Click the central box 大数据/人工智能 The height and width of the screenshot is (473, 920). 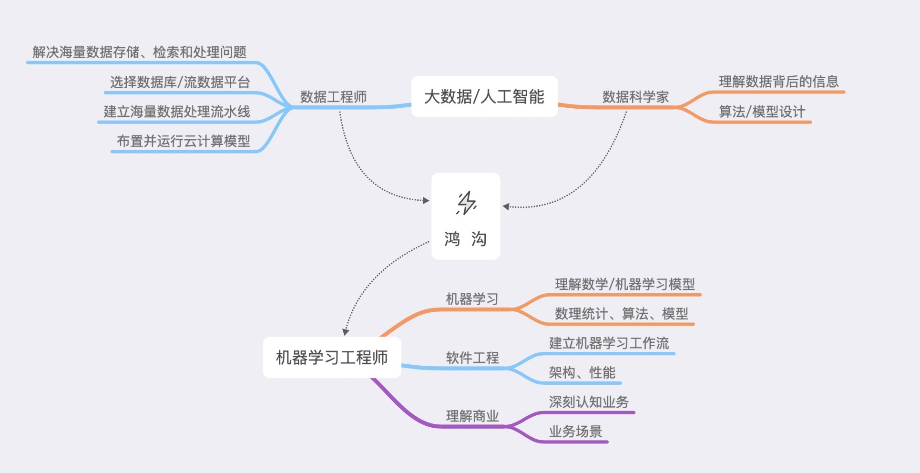pyautogui.click(x=484, y=97)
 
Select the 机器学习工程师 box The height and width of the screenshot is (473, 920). pyautogui.click(x=332, y=358)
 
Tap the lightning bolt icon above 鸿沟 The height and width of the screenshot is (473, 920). pyautogui.click(x=466, y=203)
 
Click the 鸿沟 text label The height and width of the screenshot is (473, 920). pyautogui.click(x=465, y=238)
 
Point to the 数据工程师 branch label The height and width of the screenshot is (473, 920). pyautogui.click(x=333, y=97)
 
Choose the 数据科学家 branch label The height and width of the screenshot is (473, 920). pyautogui.click(x=635, y=97)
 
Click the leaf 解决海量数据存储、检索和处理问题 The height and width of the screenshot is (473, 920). pyautogui.click(x=139, y=52)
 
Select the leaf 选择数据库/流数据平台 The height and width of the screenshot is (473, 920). pyautogui.click(x=180, y=82)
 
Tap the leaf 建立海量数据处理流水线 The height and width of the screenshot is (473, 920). pyautogui.click(x=177, y=112)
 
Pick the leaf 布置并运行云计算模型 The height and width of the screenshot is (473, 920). pyautogui.click(x=183, y=141)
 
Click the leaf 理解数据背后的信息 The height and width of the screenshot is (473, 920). pyautogui.click(x=778, y=82)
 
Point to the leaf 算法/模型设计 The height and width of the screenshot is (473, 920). pyautogui.click(x=762, y=112)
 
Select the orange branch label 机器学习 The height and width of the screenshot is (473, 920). pyautogui.click(x=472, y=299)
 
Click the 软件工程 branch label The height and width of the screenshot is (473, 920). pyautogui.click(x=472, y=358)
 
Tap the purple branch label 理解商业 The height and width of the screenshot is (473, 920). pyautogui.click(x=472, y=416)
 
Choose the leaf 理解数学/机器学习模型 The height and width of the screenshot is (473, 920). pyautogui.click(x=624, y=285)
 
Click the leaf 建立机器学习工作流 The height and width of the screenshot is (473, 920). pyautogui.click(x=609, y=343)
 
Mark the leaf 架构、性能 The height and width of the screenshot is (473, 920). pyautogui.click(x=582, y=372)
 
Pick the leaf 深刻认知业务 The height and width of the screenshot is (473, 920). pyautogui.click(x=589, y=402)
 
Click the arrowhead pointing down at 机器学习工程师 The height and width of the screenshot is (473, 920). pyautogui.click(x=346, y=332)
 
